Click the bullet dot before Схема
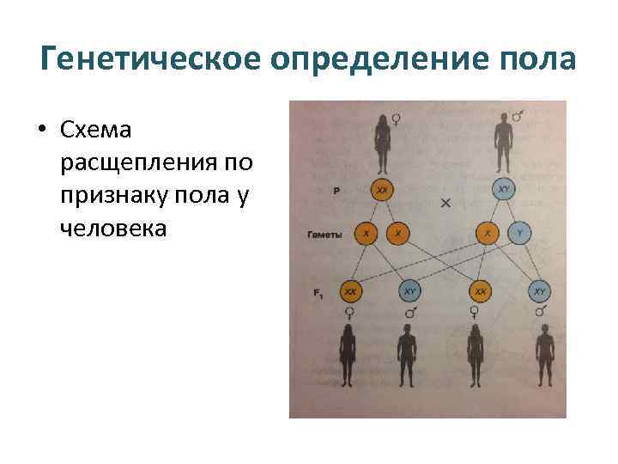[42, 131]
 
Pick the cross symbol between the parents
[445, 203]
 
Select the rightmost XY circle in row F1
[539, 293]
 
